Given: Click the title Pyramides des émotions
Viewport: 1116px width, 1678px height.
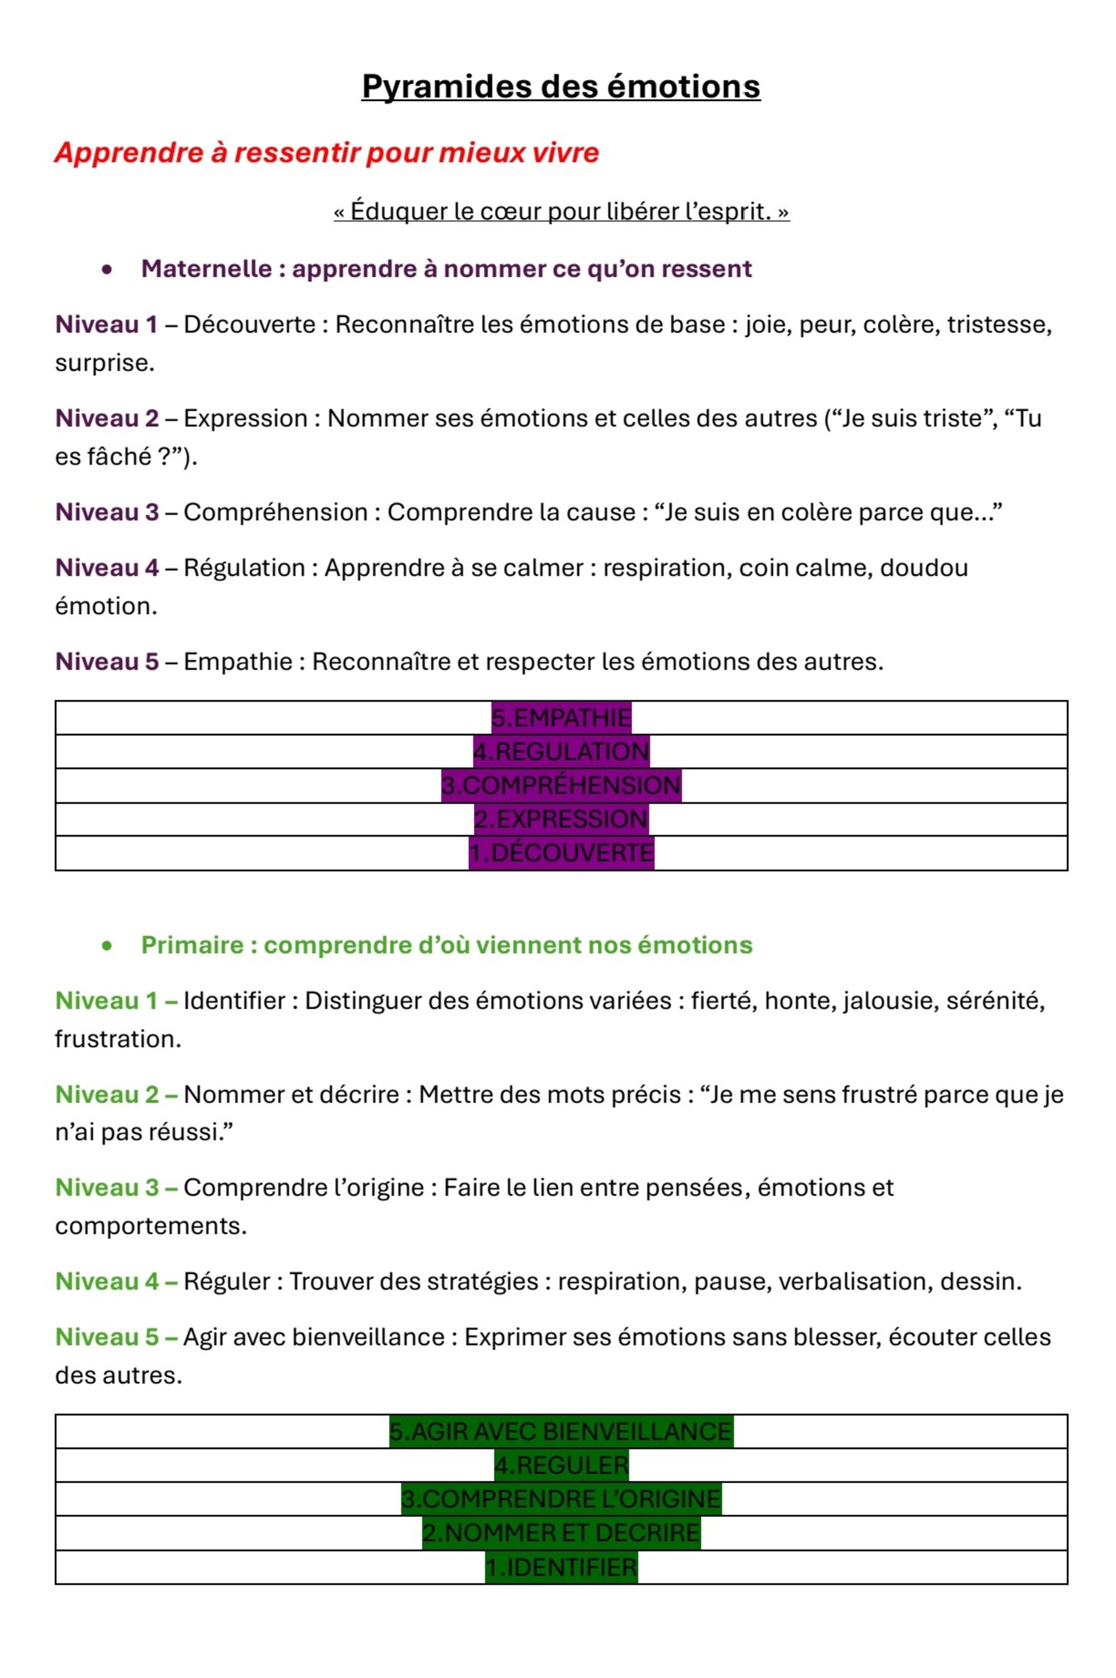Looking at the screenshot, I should coord(561,87).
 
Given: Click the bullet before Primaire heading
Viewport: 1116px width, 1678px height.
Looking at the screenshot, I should coord(107,945).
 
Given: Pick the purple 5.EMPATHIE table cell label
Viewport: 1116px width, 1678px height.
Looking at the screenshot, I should coord(561,718).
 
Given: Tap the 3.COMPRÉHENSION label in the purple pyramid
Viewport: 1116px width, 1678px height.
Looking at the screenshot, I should coord(561,786).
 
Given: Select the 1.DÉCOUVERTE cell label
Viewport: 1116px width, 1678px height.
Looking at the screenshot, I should coord(561,853).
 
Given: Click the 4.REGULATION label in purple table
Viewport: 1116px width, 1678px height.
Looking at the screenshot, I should coord(561,751).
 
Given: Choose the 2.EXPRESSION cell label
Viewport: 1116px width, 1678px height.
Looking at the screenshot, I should coord(561,819).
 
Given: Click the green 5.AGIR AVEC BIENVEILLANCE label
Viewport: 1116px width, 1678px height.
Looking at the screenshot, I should coord(561,1431).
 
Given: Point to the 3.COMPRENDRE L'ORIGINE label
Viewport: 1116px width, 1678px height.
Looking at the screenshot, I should coord(561,1499).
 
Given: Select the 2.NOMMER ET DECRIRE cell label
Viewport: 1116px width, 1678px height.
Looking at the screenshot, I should coord(561,1532).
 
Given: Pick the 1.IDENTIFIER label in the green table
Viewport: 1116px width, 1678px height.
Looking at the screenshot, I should coord(561,1566).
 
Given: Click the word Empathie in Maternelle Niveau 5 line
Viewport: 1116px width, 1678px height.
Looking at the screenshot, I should coord(238,662).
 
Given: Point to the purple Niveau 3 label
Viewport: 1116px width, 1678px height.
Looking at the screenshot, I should coord(107,512).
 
